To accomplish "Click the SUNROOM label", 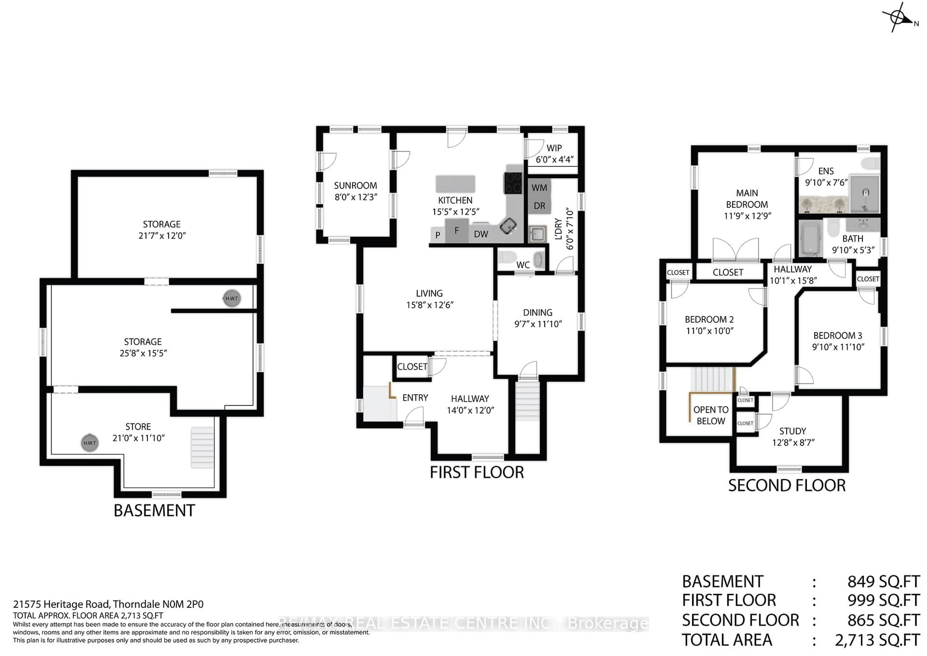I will [355, 185].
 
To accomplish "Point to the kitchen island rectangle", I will [455, 184].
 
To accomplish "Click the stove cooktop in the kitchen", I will [513, 183].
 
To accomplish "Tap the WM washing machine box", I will [539, 187].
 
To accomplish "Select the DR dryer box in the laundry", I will [539, 206].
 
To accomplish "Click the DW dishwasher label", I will [481, 234].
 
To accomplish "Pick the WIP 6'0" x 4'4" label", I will [554, 154].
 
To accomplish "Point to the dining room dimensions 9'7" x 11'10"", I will [538, 324].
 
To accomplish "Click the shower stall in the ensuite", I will [864, 194].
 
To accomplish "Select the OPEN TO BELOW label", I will [711, 415].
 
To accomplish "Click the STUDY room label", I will [793, 431].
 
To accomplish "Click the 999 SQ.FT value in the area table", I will [883, 601].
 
